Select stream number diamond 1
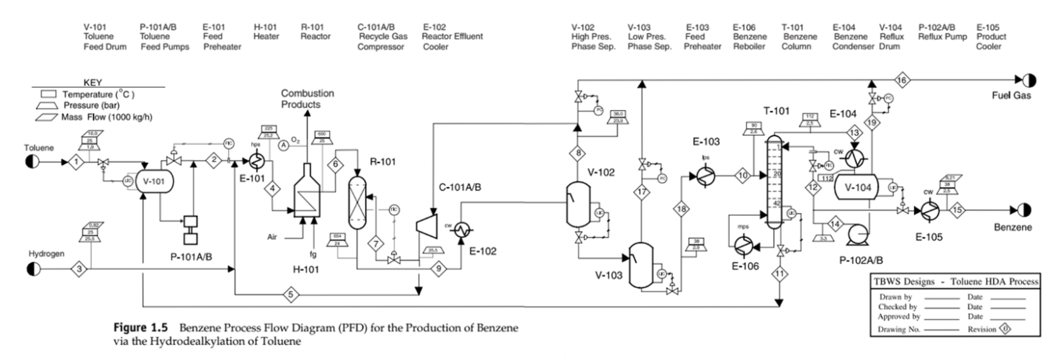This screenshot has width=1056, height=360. [x=74, y=162]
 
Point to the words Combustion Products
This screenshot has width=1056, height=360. [x=307, y=99]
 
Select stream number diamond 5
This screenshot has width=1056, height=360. [x=291, y=294]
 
